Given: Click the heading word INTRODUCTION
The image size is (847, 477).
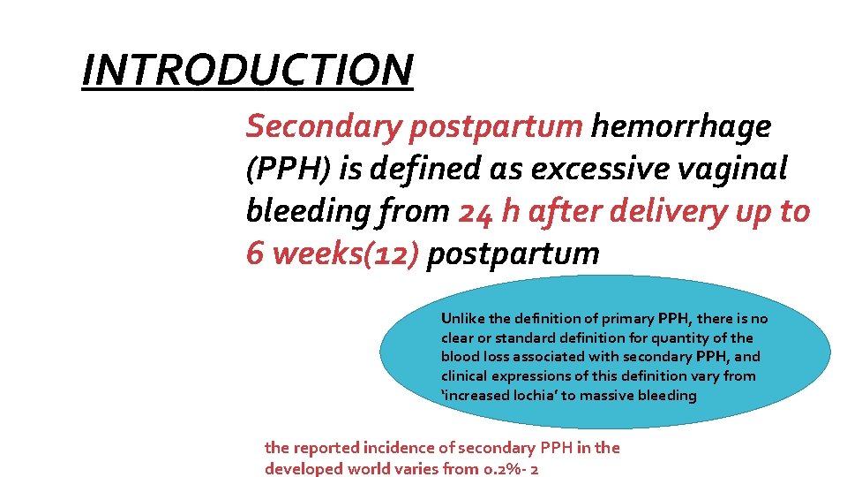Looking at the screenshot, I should click(x=247, y=71).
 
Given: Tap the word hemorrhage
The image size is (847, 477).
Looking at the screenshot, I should click(x=681, y=127).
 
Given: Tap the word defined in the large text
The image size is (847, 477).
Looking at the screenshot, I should click(x=401, y=170).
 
